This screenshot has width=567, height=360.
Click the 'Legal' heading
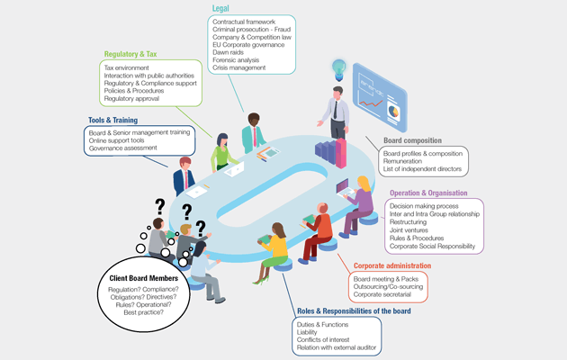[x=221, y=8]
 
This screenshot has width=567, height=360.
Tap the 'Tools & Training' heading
[x=115, y=120]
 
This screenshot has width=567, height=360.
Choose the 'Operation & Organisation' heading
[x=428, y=193]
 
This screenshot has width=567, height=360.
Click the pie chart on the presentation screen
[x=393, y=112]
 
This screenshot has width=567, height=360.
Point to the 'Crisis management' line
[x=238, y=67]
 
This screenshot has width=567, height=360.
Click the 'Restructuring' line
[x=412, y=221]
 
